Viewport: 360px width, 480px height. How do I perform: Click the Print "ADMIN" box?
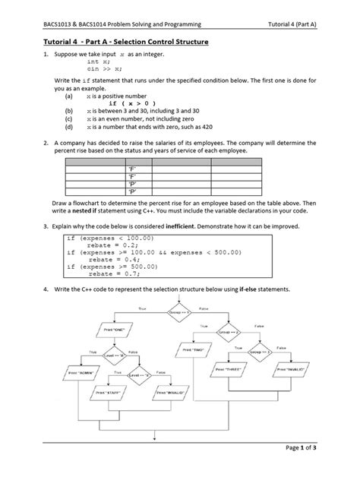click(82, 374)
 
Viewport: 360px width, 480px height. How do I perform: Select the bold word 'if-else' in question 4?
click(251, 290)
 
